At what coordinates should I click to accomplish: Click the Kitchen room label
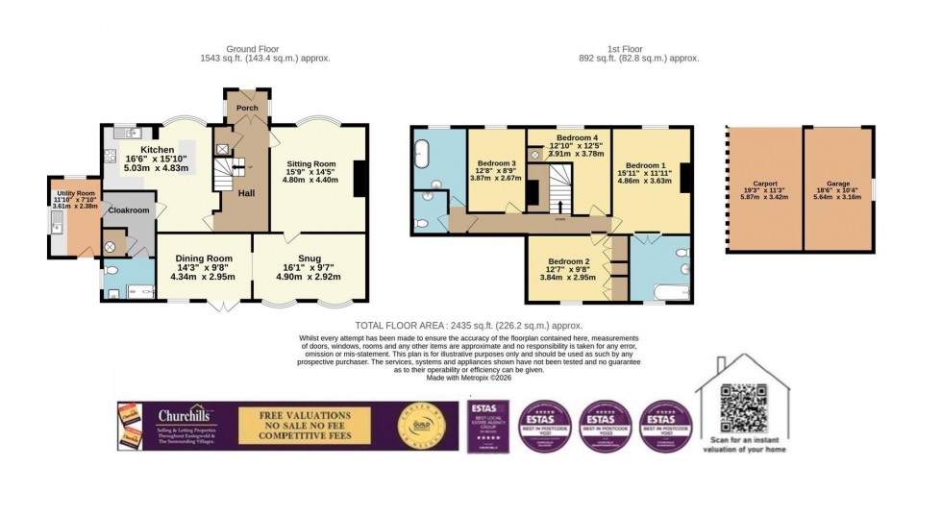(158, 150)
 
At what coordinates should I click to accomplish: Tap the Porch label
(247, 109)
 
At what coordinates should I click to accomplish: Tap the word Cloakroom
(129, 209)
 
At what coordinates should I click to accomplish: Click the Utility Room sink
(58, 227)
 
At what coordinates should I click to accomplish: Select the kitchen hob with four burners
(110, 156)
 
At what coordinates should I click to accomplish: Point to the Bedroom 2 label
(568, 261)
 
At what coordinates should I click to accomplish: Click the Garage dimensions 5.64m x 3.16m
(838, 202)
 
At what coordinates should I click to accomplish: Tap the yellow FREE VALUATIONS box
(302, 426)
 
